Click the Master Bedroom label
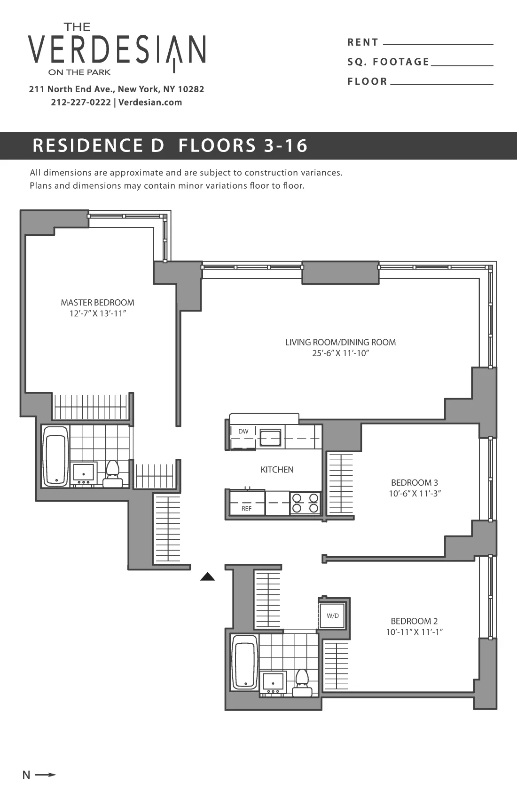point(97,303)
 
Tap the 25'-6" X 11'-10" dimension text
point(340,353)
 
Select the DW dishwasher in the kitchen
point(243,432)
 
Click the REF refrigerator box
point(246,509)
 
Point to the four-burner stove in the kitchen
point(305,503)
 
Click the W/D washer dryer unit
point(333,616)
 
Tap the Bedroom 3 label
point(415,482)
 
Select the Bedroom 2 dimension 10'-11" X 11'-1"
point(415,632)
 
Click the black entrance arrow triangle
point(208,577)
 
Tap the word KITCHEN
point(277,470)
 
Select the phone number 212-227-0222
point(81,102)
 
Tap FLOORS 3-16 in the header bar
point(243,145)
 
